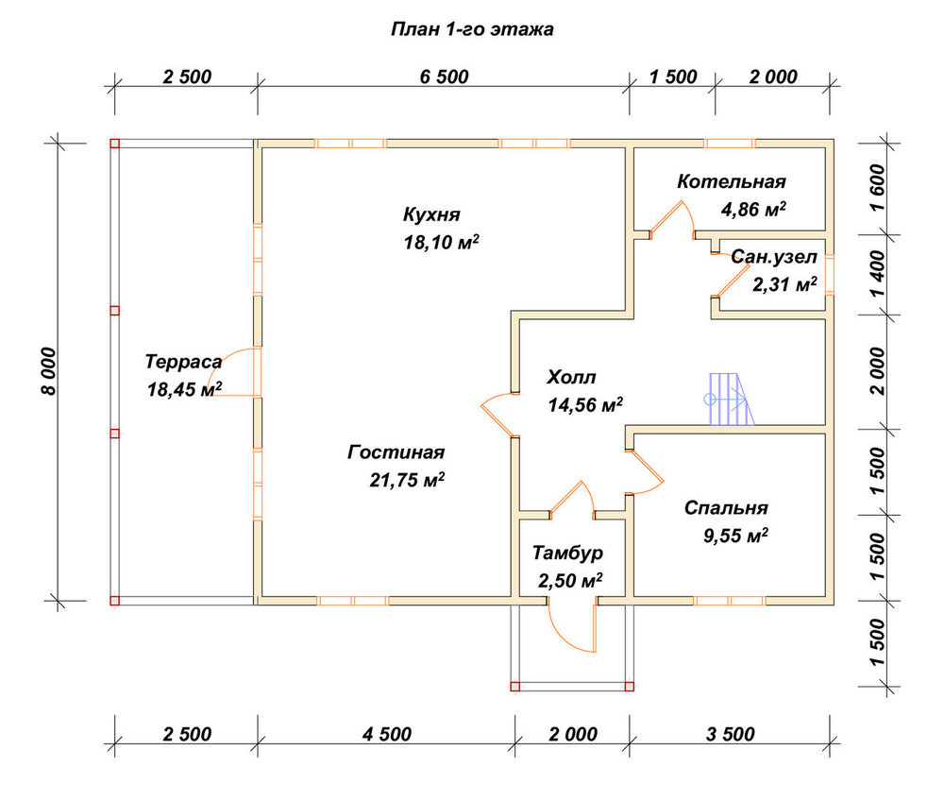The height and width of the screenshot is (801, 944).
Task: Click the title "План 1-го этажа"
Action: (x=472, y=29)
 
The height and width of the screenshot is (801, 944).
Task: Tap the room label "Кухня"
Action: (x=431, y=215)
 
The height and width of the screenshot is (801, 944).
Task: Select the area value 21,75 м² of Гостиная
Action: (x=407, y=480)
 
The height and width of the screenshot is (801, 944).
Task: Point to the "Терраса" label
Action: (x=183, y=363)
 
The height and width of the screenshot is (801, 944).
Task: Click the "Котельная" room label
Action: (x=732, y=181)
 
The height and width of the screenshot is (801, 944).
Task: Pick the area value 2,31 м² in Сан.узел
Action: (x=784, y=284)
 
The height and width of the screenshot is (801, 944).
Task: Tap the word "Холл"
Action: (x=571, y=378)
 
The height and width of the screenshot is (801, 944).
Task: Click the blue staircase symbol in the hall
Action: (x=730, y=399)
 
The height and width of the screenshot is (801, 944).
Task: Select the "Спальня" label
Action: (x=726, y=508)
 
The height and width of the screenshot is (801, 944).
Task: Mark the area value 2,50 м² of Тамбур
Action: (x=570, y=581)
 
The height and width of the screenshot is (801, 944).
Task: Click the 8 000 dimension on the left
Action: (x=49, y=371)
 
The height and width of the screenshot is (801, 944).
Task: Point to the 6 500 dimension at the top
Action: (x=445, y=77)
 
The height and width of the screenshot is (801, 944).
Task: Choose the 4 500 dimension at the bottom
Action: (x=386, y=734)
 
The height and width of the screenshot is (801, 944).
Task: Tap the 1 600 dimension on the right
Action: (x=878, y=187)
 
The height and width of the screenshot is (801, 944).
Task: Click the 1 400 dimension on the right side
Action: (x=878, y=274)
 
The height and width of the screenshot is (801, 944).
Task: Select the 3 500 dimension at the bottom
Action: (x=730, y=734)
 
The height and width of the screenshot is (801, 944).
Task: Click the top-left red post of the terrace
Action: (x=115, y=144)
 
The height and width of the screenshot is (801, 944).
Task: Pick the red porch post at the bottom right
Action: (x=629, y=687)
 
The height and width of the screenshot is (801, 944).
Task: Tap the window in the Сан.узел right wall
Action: (x=830, y=275)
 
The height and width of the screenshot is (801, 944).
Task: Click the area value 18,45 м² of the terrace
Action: (x=184, y=389)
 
